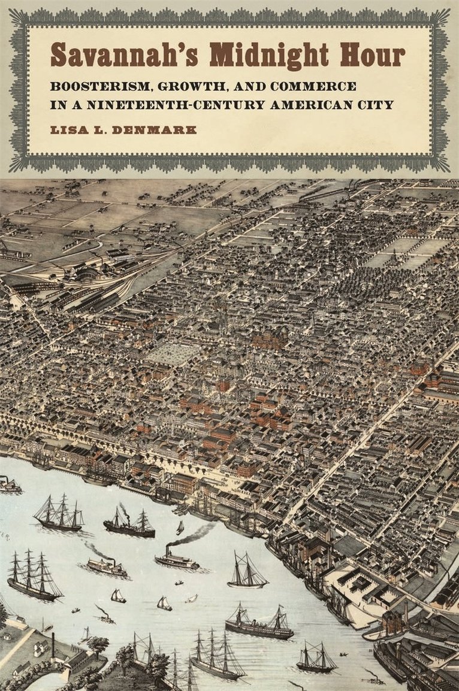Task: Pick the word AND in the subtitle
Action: tap(240, 86)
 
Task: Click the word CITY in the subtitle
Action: tap(378, 105)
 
